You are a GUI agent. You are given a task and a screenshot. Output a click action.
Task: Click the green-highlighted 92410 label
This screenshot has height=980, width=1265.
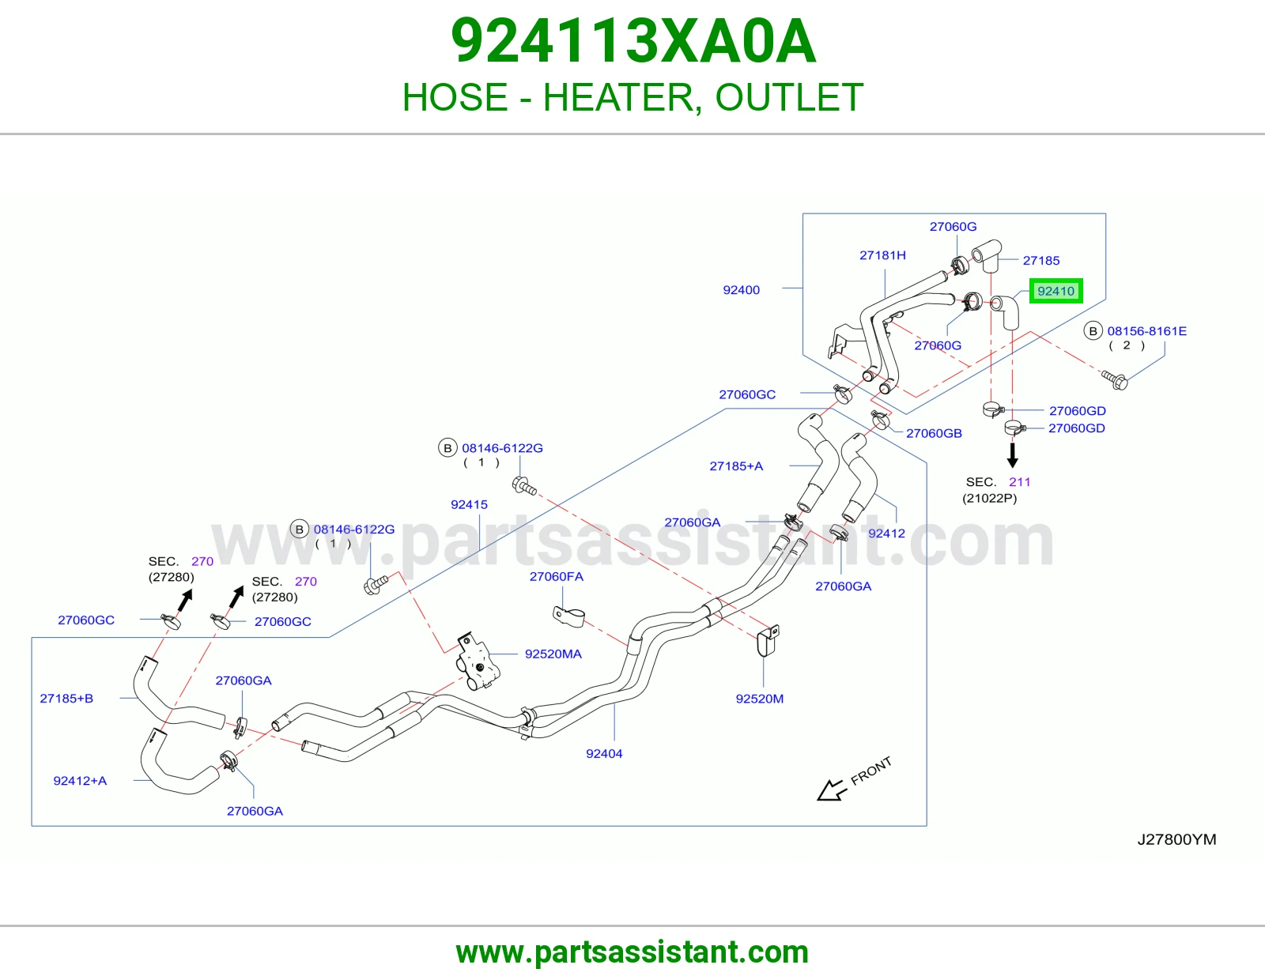pos(1055,291)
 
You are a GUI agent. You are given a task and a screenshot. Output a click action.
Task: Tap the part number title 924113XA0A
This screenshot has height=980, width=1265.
pos(632,41)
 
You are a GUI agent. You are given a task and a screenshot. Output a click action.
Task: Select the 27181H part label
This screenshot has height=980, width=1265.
pos(882,255)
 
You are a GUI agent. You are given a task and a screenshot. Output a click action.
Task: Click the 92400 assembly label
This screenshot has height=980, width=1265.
pos(741,290)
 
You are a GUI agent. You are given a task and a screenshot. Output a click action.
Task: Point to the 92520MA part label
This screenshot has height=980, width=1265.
pos(553,654)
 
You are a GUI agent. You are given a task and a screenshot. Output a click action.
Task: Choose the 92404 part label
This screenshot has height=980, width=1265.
pos(604,754)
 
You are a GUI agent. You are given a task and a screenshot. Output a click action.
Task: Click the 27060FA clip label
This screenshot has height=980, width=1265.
pos(556,576)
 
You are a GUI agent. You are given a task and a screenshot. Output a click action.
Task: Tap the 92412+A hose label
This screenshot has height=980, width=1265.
pos(81,781)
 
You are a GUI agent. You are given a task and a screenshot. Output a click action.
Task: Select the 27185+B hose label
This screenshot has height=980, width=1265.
pos(66,699)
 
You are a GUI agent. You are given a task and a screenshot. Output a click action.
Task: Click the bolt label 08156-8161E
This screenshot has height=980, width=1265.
pos(1147,331)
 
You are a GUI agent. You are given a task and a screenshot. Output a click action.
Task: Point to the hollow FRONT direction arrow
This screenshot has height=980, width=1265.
pos(831,790)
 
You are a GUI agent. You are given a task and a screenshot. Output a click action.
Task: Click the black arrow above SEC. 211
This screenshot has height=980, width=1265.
pos(1012,455)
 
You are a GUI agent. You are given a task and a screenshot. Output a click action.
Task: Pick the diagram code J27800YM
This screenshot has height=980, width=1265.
pos(1176,839)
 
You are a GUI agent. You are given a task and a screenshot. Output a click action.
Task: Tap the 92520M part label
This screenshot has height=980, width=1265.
pos(760,699)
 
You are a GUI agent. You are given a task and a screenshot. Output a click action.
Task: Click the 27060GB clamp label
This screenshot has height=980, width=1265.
pos(934,433)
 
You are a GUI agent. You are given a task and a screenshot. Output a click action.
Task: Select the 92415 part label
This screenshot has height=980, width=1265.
pos(469,504)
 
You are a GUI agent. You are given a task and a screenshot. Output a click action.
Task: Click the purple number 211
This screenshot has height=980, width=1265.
pos(1019,482)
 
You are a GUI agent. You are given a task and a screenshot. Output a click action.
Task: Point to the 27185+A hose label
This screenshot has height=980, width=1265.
pos(736,465)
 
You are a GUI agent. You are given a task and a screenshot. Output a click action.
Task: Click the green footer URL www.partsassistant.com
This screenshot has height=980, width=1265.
pos(632,952)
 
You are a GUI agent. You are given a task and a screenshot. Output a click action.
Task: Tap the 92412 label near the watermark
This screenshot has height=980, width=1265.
pos(886,533)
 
